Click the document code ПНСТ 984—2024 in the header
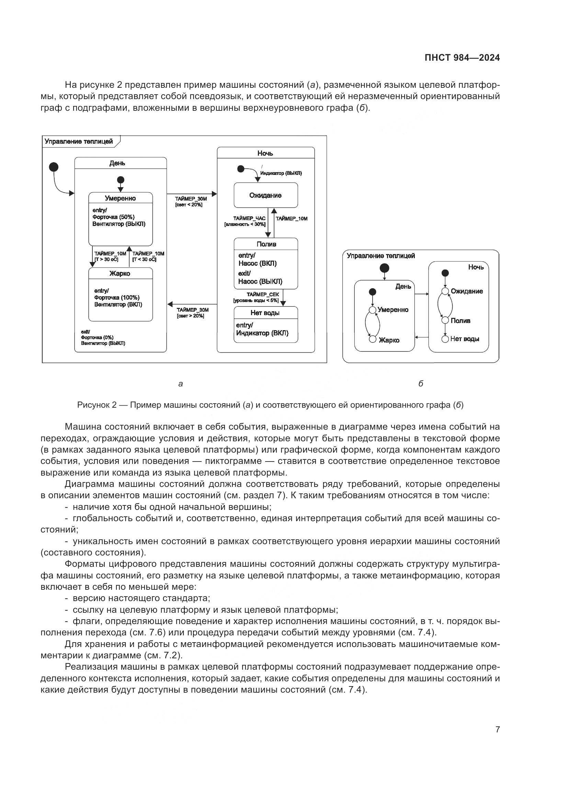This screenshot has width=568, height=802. point(462,58)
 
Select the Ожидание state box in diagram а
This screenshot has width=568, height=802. point(265,195)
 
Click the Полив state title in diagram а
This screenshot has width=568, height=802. point(266,244)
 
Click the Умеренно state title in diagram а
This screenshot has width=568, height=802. point(120,199)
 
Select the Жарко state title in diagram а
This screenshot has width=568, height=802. point(120,274)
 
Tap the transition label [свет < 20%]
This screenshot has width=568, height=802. point(189,205)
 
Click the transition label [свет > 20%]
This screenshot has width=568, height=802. point(190,316)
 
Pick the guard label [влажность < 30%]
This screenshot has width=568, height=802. point(245,225)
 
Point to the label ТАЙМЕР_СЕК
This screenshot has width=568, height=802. point(263,295)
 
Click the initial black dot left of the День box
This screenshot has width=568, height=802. point(54,167)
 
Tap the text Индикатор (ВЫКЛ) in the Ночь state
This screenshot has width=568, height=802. point(281,173)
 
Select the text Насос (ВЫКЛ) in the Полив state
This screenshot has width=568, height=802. point(260,281)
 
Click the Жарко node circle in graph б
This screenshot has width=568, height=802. point(373,339)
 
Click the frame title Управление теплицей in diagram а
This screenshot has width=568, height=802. point(79,142)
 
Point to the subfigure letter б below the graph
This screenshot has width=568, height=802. point(421,384)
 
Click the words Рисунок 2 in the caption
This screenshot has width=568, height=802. point(96,405)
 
